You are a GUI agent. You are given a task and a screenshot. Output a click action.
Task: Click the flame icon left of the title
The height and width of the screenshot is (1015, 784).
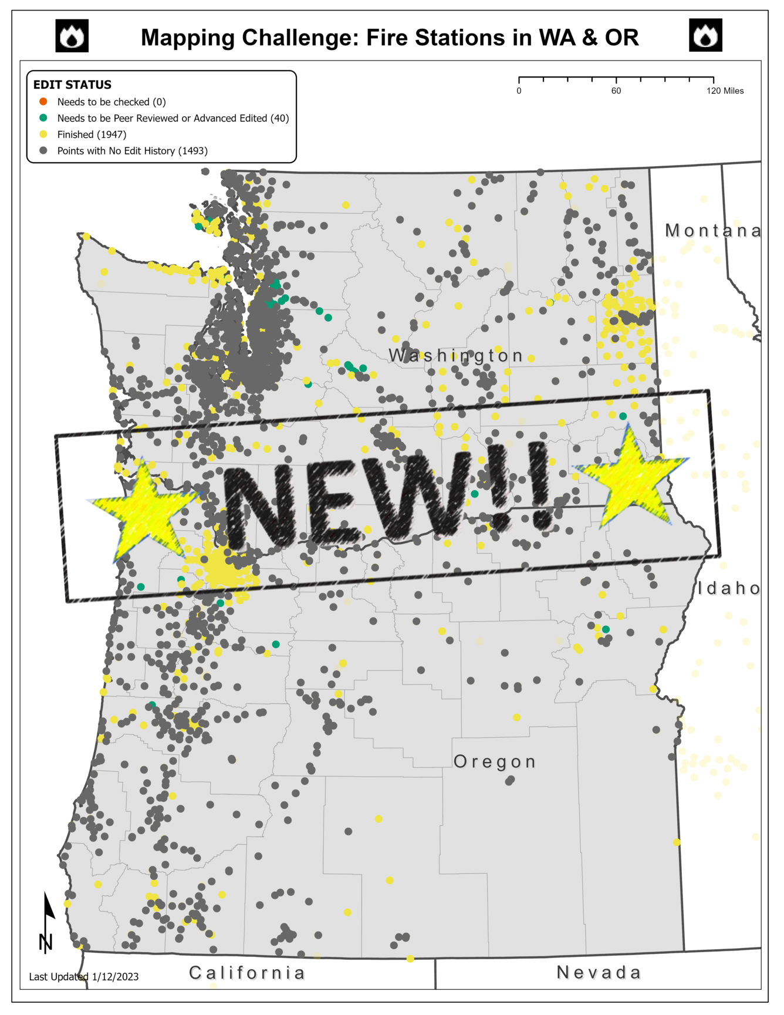pyautogui.click(x=72, y=36)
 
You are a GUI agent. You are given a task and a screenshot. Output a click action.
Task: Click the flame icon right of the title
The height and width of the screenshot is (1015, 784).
pyautogui.click(x=705, y=36)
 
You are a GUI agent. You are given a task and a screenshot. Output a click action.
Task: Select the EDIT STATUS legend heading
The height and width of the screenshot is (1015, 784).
pyautogui.click(x=72, y=85)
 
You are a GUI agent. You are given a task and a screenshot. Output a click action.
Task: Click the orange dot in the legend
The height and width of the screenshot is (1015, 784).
pyautogui.click(x=43, y=102)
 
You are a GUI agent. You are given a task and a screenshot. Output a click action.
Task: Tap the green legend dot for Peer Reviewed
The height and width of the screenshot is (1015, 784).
pyautogui.click(x=43, y=118)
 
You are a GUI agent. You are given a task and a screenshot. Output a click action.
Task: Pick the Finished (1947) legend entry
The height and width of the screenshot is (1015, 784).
pyautogui.click(x=92, y=134)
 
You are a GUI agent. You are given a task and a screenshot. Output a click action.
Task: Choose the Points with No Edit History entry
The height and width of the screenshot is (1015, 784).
pyautogui.click(x=132, y=151)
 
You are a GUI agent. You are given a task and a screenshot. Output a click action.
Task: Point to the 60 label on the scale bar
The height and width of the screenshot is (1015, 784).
pyautogui.click(x=616, y=91)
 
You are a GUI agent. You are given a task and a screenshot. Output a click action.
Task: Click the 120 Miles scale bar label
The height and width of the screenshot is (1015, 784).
pyautogui.click(x=725, y=91)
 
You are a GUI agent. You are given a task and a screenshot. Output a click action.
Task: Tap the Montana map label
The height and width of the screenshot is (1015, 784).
pyautogui.click(x=712, y=231)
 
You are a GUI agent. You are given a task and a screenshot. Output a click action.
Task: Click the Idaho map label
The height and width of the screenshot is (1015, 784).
pyautogui.click(x=729, y=588)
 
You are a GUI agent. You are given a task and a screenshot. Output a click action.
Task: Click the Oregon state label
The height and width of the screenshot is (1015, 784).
pyautogui.click(x=495, y=762)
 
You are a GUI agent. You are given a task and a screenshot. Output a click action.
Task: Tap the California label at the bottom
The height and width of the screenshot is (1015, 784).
pyautogui.click(x=247, y=973)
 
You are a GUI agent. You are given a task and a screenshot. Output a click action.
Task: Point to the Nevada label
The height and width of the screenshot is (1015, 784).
pyautogui.click(x=599, y=973)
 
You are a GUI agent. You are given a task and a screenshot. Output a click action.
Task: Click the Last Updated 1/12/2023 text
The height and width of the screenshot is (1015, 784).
pyautogui.click(x=84, y=977)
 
